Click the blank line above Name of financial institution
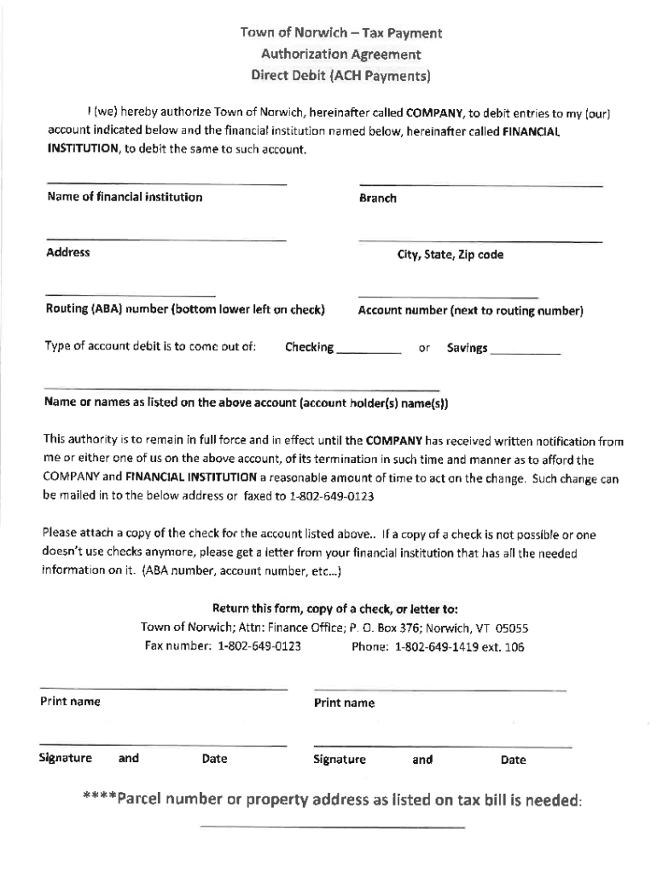click(x=166, y=184)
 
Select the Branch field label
click(x=378, y=199)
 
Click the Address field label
click(x=67, y=253)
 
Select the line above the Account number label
click(x=449, y=298)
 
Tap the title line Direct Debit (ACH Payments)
click(x=340, y=75)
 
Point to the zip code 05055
click(x=512, y=628)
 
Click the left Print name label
click(x=70, y=702)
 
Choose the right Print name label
click(x=344, y=703)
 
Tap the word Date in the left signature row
click(x=214, y=759)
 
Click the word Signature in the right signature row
click(x=340, y=760)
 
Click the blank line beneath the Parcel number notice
click(x=332, y=827)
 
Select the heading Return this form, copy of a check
click(x=334, y=609)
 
